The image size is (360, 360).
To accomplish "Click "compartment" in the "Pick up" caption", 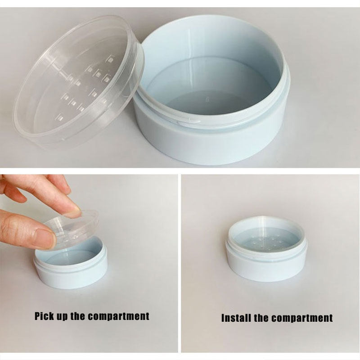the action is point(119,316).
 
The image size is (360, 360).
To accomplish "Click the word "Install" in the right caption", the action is point(236,318).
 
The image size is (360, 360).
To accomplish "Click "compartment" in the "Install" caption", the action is point(302,319).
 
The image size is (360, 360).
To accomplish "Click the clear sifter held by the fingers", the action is point(71,229).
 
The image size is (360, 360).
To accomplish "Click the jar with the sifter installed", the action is point(266,249).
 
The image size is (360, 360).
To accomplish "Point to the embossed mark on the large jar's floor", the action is point(208,99).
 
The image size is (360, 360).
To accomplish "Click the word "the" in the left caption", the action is point(78,316).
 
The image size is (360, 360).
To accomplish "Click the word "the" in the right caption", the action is point(261,318).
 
